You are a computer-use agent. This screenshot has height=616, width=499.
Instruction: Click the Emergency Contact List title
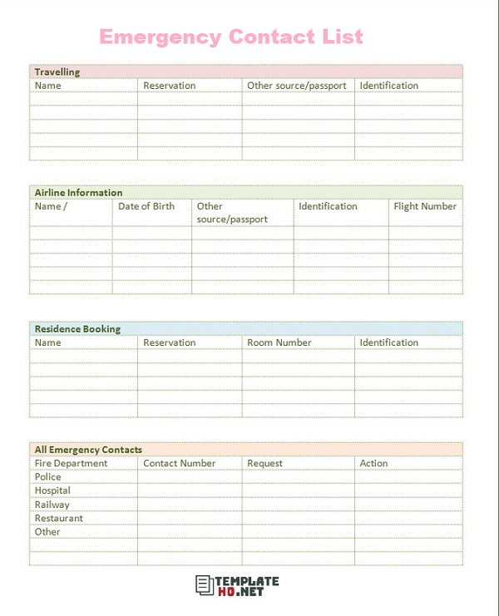click(231, 37)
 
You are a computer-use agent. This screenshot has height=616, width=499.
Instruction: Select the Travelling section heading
click(57, 72)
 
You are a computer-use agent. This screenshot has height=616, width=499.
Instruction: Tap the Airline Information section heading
click(78, 193)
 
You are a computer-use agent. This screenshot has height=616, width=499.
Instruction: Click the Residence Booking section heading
click(77, 329)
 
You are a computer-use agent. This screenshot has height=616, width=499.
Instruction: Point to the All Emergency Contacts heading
click(88, 450)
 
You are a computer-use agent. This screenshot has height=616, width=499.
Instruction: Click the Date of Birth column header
click(146, 206)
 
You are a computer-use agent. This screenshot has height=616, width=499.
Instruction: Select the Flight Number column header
click(425, 206)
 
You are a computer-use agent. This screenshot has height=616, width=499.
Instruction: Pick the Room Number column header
click(279, 342)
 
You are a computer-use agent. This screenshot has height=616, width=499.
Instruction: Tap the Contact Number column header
click(179, 463)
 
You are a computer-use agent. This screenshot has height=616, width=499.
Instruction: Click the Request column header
click(264, 463)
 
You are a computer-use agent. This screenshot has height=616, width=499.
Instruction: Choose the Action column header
click(373, 463)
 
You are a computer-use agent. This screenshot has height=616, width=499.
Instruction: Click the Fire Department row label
click(71, 463)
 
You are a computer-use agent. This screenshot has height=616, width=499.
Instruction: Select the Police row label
click(47, 477)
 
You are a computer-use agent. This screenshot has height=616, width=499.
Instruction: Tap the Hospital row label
click(52, 490)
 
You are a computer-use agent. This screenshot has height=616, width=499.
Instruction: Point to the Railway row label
click(52, 505)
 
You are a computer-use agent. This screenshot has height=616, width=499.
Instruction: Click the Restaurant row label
click(58, 518)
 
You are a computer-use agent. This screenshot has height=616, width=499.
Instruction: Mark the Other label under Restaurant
click(47, 532)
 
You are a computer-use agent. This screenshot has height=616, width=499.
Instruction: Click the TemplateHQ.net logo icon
click(205, 585)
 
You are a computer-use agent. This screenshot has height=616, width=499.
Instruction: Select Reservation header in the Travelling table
click(170, 86)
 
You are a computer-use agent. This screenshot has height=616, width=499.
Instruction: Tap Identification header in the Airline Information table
click(328, 206)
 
